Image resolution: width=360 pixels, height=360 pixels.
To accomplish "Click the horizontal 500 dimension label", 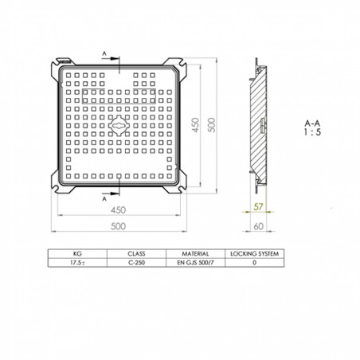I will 120,226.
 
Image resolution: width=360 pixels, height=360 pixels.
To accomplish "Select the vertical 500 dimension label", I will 213,126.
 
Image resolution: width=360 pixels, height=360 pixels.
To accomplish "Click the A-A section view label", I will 313,123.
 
